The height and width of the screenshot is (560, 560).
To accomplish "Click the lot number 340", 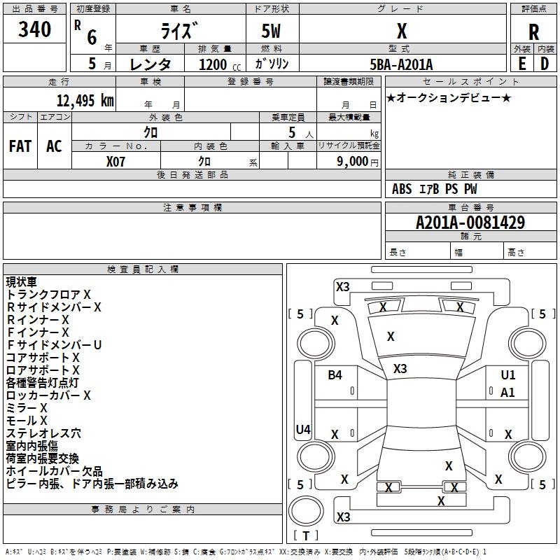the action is (34, 29).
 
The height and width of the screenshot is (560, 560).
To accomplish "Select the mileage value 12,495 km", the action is (85, 101).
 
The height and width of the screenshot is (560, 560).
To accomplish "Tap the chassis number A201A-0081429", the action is (470, 223).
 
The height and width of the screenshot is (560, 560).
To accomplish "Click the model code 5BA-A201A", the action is (401, 64).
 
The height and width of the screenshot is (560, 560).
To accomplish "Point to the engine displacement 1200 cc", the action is (220, 64).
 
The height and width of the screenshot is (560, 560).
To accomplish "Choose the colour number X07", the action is (115, 162).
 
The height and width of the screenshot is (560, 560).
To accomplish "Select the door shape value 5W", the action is (271, 31).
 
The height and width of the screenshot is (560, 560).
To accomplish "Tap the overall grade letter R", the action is (533, 32).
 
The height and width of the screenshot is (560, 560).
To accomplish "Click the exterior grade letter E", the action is (522, 64).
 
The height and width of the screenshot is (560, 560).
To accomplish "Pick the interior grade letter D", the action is (545, 64).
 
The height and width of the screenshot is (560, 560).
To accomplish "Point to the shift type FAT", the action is (20, 146).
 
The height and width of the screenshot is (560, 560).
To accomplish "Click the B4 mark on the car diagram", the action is (335, 375).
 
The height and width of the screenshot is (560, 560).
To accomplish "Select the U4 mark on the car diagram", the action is (303, 429).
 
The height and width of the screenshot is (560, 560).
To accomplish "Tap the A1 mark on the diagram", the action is (507, 393).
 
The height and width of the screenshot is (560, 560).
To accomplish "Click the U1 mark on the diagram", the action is (508, 375).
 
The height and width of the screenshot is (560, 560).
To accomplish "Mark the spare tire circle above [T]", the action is (306, 511).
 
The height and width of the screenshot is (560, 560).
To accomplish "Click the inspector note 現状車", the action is (21, 282).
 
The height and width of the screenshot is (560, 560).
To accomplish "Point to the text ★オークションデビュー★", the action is (449, 97).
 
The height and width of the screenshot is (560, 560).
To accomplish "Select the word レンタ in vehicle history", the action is (150, 64).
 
